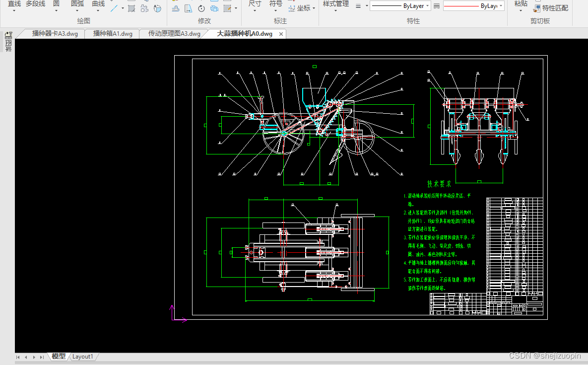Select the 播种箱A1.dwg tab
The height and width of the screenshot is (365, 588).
[x=113, y=34]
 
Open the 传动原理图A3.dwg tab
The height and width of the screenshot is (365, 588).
[x=174, y=34]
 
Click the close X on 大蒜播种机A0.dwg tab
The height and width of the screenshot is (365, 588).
[x=281, y=34]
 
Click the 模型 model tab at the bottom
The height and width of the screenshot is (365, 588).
[x=59, y=357]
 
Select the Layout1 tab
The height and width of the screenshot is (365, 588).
[x=83, y=357]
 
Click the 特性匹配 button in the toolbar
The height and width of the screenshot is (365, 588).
[x=555, y=8]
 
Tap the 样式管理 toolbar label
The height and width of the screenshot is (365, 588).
[x=335, y=4]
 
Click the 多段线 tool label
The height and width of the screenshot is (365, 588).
[x=35, y=4]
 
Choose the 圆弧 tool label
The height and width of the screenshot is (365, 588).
[x=77, y=4]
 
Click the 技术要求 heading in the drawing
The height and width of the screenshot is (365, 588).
[x=439, y=184]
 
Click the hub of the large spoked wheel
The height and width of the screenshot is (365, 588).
[x=284, y=133]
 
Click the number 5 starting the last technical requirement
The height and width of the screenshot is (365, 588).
[x=405, y=280]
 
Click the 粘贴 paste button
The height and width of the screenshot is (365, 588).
[x=521, y=4]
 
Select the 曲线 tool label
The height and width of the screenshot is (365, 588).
[x=98, y=4]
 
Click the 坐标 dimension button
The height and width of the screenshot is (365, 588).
[x=304, y=8]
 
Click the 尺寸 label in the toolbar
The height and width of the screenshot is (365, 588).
[x=255, y=4]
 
